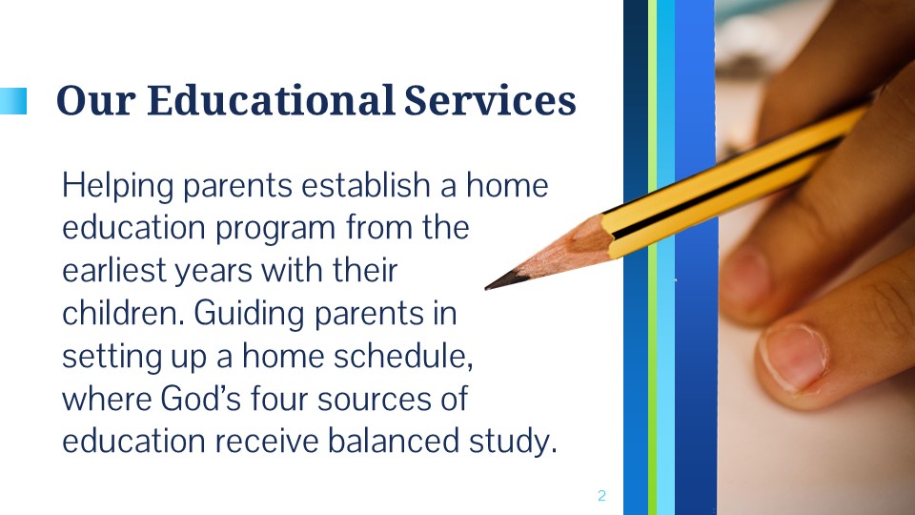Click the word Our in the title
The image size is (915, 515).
tap(96, 100)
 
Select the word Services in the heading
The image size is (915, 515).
tap(490, 100)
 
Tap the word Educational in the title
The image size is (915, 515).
tap(271, 100)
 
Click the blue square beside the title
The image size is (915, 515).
tap(12, 101)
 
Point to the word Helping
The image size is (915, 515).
tap(118, 186)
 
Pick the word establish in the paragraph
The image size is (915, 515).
tap(366, 185)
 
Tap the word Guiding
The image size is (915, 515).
tap(249, 314)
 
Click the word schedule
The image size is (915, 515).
tap(399, 356)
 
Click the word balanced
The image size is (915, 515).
tap(393, 441)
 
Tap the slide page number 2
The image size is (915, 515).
tap(601, 496)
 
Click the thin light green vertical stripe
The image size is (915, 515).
tap(652, 257)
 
